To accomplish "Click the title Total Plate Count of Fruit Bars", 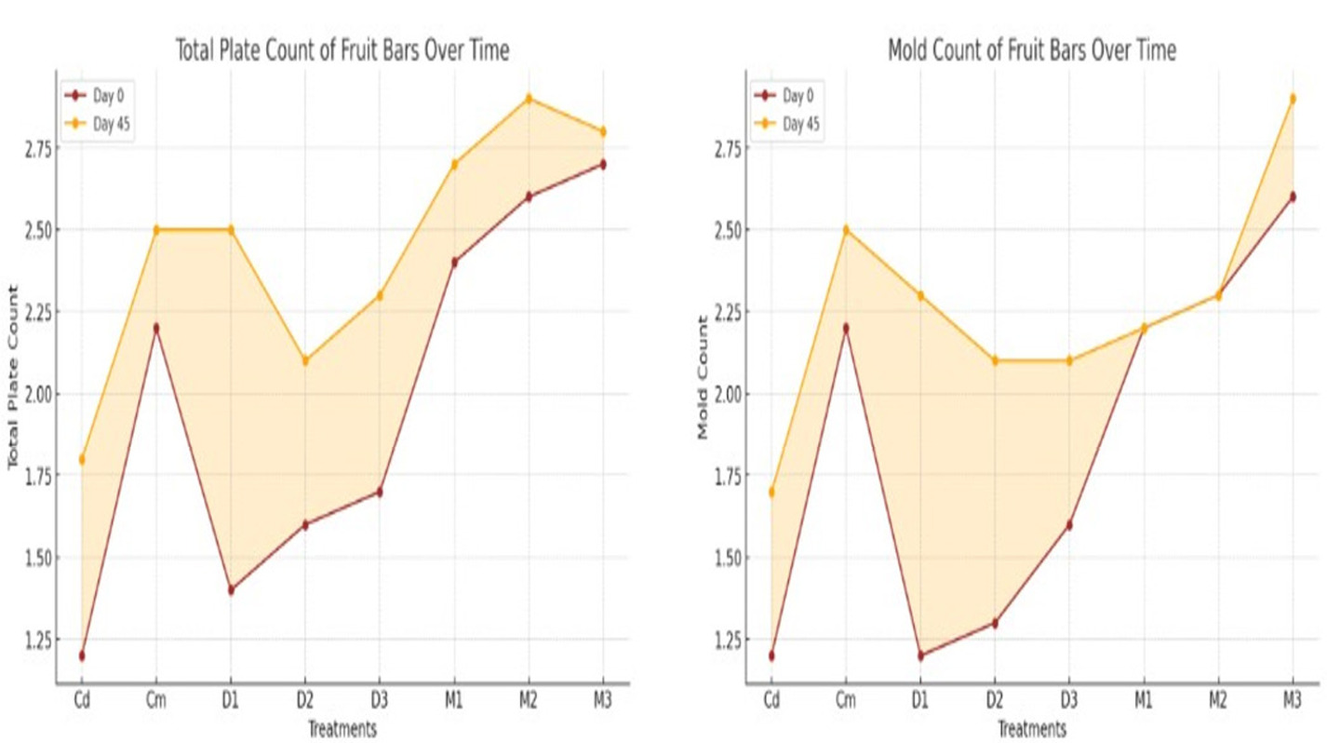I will tap(342, 51).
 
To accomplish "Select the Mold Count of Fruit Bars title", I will tap(1031, 51).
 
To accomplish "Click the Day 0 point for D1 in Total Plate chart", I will tap(231, 590).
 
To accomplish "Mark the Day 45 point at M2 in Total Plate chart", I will tap(529, 99).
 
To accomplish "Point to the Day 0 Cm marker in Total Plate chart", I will tap(156, 328).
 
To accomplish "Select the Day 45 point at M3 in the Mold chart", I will tap(1293, 99).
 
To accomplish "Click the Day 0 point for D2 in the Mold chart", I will tap(995, 623).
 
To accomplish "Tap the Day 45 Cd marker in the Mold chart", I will tap(771, 492).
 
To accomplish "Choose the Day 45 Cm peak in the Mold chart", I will tap(845, 230).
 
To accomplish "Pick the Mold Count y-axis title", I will tap(704, 377).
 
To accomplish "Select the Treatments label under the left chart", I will tap(342, 729).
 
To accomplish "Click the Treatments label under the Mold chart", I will tap(1031, 729).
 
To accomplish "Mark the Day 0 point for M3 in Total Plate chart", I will tap(603, 165).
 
